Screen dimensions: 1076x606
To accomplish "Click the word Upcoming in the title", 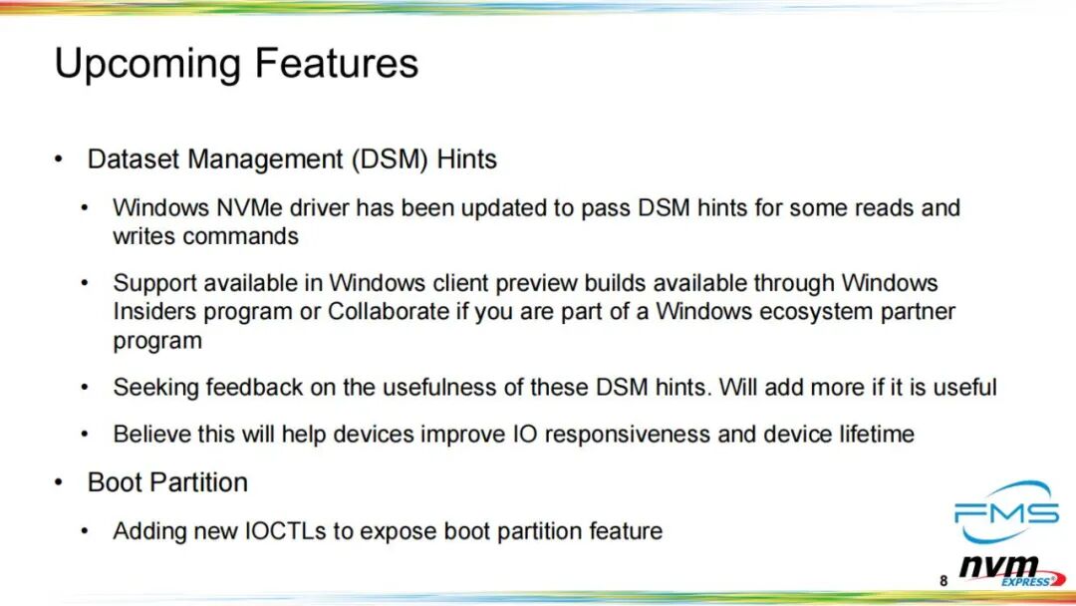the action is [x=147, y=64].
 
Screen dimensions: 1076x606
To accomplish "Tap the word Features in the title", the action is [x=337, y=63].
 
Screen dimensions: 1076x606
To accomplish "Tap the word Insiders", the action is [x=155, y=312].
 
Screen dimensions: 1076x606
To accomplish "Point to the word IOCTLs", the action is [x=286, y=531].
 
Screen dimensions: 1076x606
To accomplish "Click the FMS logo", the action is [x=1006, y=511].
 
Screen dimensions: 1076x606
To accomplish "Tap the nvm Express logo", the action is [x=1012, y=571].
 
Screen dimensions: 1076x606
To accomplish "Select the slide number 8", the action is [x=943, y=581].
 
